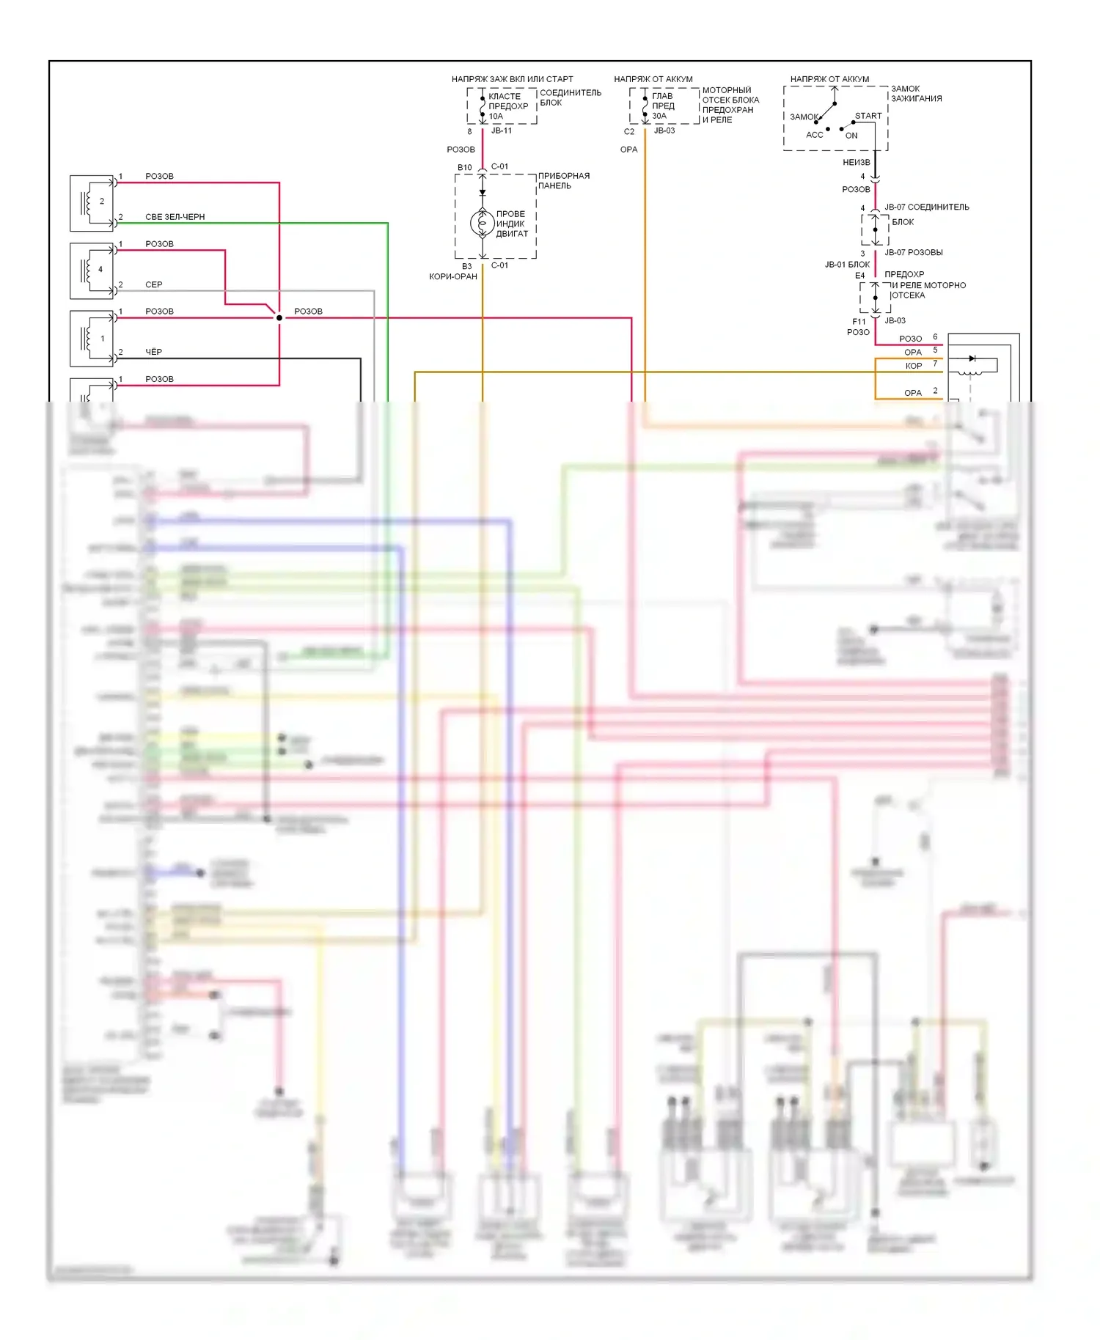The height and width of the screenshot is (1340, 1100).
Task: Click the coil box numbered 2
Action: click(92, 202)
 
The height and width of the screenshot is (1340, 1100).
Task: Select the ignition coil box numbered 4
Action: click(92, 270)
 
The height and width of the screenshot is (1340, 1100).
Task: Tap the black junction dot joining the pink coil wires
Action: click(279, 317)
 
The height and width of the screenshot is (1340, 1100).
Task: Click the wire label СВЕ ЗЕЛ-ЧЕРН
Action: click(175, 217)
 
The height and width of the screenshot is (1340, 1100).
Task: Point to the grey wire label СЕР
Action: click(153, 284)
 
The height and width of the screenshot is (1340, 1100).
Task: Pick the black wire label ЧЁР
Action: click(153, 352)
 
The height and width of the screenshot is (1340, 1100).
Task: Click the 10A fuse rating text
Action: click(496, 117)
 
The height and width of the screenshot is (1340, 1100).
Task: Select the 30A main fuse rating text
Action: click(659, 116)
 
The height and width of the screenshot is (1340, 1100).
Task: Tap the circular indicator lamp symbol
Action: click(483, 223)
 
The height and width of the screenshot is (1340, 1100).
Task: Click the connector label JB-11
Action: click(502, 130)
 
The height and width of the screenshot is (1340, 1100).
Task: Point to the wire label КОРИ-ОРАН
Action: click(453, 276)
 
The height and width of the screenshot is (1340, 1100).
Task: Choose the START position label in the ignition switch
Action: click(868, 116)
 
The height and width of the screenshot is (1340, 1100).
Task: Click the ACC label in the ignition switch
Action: click(814, 135)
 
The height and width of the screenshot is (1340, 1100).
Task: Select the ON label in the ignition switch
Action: click(851, 136)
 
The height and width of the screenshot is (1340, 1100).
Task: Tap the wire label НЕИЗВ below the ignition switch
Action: click(856, 162)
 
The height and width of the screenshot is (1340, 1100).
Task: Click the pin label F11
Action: click(859, 321)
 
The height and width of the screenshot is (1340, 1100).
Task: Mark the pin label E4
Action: click(859, 276)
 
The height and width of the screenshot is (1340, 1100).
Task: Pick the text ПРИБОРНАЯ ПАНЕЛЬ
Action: click(563, 181)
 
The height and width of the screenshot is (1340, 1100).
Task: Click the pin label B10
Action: click(464, 167)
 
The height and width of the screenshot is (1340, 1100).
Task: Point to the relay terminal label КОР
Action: click(913, 366)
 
